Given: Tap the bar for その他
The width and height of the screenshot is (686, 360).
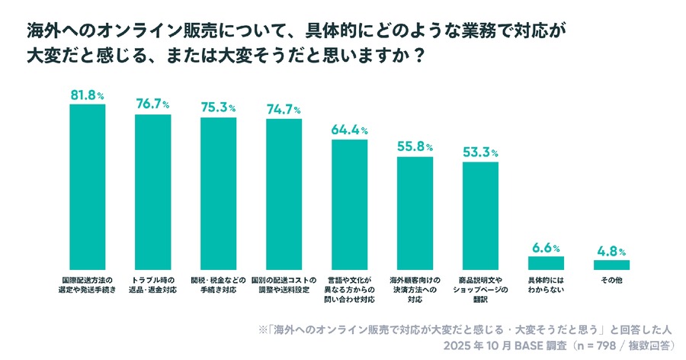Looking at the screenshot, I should pos(611,265).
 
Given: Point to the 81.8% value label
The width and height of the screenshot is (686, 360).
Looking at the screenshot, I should pos(87,95).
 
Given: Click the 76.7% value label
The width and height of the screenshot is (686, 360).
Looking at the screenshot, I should pos(152,104).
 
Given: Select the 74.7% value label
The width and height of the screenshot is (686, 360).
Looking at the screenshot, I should pos(284,109).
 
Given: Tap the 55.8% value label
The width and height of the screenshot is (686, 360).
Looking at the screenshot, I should pos(415,146).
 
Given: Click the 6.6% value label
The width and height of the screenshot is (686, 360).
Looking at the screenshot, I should pos(546,248).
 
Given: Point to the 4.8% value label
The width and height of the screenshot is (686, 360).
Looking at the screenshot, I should pos(611,251).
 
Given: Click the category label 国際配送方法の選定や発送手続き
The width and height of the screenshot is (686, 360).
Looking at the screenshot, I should pos(87,284).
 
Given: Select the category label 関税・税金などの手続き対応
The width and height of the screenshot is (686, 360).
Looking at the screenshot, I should pos(218,284).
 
